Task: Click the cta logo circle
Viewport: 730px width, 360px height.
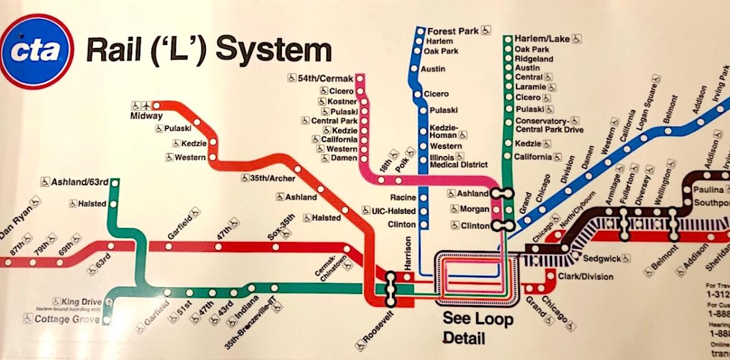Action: pos(36,51)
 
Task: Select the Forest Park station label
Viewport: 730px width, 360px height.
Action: pos(452,30)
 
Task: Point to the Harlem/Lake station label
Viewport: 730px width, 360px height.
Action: pos(542,39)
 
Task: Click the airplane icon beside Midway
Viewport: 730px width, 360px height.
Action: pos(147,105)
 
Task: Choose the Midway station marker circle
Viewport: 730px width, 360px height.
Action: pos(157,105)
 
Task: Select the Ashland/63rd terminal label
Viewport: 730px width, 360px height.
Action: pos(79,182)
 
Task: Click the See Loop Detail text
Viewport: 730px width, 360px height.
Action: pos(478,329)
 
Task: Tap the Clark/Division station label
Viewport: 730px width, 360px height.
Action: pos(585,276)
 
